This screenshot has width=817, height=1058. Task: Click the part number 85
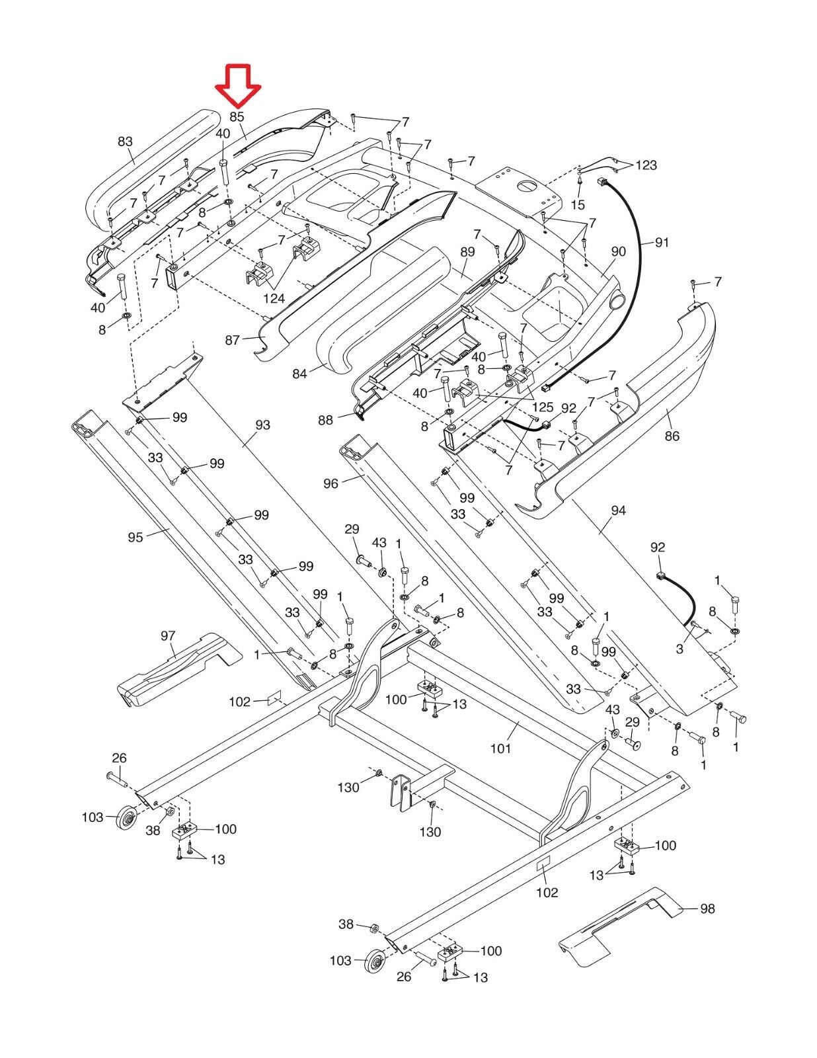(237, 116)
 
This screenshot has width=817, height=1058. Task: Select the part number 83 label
(125, 142)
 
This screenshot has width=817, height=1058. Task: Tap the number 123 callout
(646, 165)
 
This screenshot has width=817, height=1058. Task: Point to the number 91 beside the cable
(662, 243)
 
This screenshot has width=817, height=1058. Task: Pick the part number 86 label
(672, 436)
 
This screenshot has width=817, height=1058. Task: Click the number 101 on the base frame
(501, 749)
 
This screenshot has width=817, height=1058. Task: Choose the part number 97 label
(168, 635)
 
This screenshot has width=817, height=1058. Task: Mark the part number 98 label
(707, 909)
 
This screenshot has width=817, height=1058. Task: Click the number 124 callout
(274, 298)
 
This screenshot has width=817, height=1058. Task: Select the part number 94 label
(618, 510)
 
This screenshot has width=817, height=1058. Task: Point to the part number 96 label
(331, 483)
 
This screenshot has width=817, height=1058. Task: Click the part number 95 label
(136, 537)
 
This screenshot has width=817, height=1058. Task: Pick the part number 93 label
(262, 425)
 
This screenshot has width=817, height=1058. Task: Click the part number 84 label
(299, 374)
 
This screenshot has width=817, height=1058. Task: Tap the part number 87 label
(233, 340)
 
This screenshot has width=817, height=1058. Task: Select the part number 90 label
(618, 251)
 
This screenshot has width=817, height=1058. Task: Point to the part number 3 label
(680, 649)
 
